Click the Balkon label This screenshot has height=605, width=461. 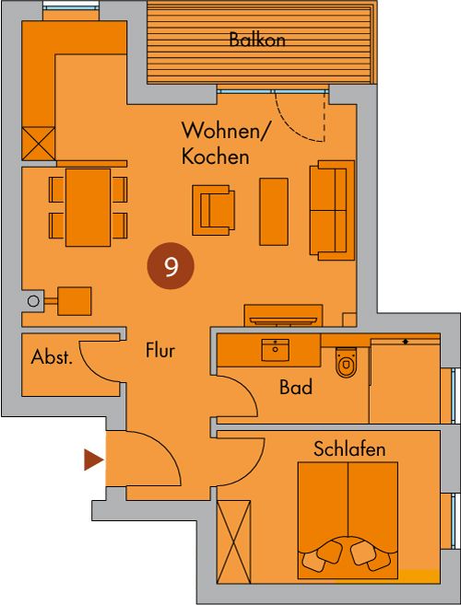click(257, 40)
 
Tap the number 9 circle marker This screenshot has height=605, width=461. click(171, 266)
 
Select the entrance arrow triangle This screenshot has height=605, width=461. click(94, 460)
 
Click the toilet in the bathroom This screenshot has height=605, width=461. click(345, 362)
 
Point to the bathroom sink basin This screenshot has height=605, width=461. click(275, 350)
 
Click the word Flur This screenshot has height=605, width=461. click(160, 350)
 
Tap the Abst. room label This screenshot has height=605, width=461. click(52, 357)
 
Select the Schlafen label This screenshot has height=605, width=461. click(349, 449)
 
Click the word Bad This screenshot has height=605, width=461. click(296, 387)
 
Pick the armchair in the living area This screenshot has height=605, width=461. click(213, 210)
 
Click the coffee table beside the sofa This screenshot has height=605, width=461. click(274, 212)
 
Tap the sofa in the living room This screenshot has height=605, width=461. click(332, 210)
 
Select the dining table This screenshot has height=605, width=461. click(89, 207)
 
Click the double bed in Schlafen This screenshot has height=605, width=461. click(348, 520)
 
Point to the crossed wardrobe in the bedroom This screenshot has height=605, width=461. click(233, 541)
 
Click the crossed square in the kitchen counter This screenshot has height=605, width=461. click(38, 143)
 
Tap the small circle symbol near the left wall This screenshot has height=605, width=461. click(33, 300)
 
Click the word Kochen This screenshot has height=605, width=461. click(215, 157)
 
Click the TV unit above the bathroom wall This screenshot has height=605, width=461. click(284, 316)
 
